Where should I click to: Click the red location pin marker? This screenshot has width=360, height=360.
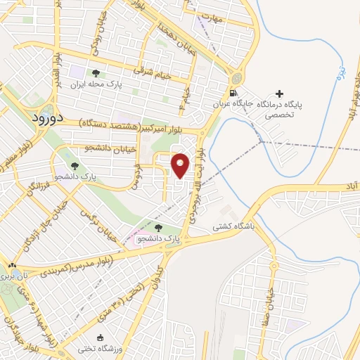(181, 165)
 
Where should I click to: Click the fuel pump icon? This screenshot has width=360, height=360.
(233, 93)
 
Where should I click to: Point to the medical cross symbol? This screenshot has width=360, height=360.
(281, 94)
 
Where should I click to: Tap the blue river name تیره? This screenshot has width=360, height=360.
(340, 71)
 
